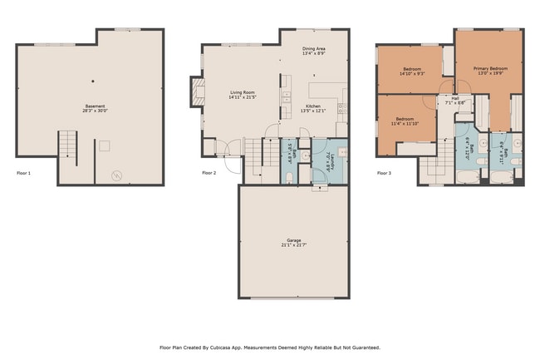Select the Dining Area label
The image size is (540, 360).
click(313, 50)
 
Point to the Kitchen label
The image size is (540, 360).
click(313, 106)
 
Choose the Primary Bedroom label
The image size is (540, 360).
click(490, 67)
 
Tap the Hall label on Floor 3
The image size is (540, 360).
click(454, 98)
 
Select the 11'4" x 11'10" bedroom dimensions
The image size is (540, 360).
click(405, 124)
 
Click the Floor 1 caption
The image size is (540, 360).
click(23, 173)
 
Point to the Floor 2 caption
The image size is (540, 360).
click(209, 173)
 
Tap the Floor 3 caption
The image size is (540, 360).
click(384, 173)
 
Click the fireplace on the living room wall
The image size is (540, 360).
click(197, 92)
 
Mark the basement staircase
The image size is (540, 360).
click(67, 148)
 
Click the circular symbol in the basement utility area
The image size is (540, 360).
click(116, 175)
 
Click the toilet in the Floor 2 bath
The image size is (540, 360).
click(288, 177)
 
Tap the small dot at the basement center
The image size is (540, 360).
click(93, 81)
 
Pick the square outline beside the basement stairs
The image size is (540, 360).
click(104, 145)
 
